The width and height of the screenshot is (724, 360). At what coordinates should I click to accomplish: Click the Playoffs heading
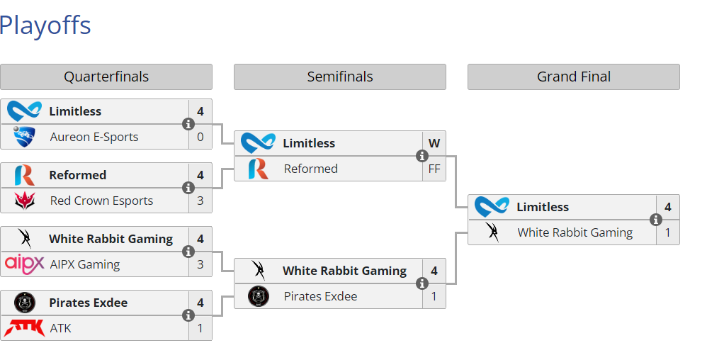click(x=45, y=26)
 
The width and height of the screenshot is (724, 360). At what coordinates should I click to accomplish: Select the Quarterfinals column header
click(x=106, y=77)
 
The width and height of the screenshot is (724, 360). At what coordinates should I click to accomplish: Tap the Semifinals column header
click(x=340, y=77)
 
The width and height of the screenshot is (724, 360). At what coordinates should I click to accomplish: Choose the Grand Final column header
click(x=574, y=77)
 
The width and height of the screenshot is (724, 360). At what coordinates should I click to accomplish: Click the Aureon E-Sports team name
click(x=94, y=137)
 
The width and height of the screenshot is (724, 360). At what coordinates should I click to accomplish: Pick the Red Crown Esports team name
click(x=101, y=201)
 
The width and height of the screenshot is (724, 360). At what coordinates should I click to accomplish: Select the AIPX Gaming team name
click(x=85, y=264)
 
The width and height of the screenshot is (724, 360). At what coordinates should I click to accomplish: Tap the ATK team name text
click(x=61, y=328)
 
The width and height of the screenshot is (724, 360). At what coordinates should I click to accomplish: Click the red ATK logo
click(x=25, y=328)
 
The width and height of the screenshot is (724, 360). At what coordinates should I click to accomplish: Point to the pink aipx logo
click(x=25, y=264)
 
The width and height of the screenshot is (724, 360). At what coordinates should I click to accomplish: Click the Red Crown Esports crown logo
click(x=25, y=201)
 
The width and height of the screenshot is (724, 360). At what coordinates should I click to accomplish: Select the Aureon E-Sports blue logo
click(x=25, y=137)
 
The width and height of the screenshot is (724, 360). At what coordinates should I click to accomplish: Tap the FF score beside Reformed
click(x=434, y=169)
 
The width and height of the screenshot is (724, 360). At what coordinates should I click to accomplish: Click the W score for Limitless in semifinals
click(x=434, y=143)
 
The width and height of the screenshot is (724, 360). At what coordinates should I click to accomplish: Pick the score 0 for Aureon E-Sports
click(x=200, y=137)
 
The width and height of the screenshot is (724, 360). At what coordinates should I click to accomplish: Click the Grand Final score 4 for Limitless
click(x=668, y=207)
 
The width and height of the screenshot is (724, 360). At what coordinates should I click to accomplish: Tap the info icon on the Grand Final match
click(x=656, y=220)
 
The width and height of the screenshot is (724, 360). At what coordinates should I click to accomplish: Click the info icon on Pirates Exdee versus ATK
click(x=188, y=315)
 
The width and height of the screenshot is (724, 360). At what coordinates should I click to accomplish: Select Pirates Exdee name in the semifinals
click(x=320, y=296)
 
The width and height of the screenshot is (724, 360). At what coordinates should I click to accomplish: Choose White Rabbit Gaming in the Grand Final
click(x=575, y=232)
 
